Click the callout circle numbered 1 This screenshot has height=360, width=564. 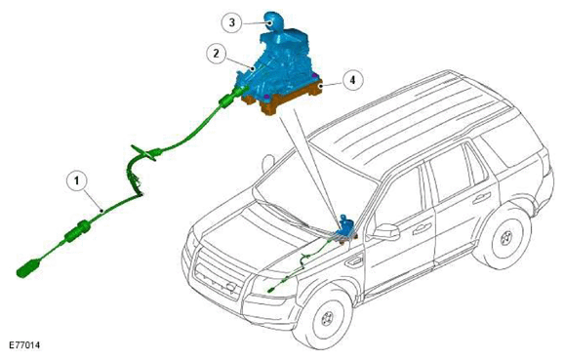coord(77,180)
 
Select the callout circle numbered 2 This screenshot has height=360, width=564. coord(217,54)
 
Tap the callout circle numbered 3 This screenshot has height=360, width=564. coord(231,22)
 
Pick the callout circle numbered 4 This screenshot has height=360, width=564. coord(352,80)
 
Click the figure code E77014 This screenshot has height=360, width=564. coord(24,345)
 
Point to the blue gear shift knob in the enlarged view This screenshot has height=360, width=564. coord(272,20)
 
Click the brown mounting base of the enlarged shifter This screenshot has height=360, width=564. coord(283,98)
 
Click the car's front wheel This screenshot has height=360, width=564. coord(327,318)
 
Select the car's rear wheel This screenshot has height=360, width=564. coord(504,237)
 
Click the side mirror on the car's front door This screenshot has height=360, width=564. coord(386,232)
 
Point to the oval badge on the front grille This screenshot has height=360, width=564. coord(230,287)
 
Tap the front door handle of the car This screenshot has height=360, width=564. coord(423,228)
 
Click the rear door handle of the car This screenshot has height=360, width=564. coord(481,198)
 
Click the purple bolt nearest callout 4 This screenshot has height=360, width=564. coord(314,75)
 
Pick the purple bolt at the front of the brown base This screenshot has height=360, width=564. coord(266,97)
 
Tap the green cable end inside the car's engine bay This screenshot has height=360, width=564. coord(271,290)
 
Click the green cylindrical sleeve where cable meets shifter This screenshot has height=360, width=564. coord(226,101)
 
